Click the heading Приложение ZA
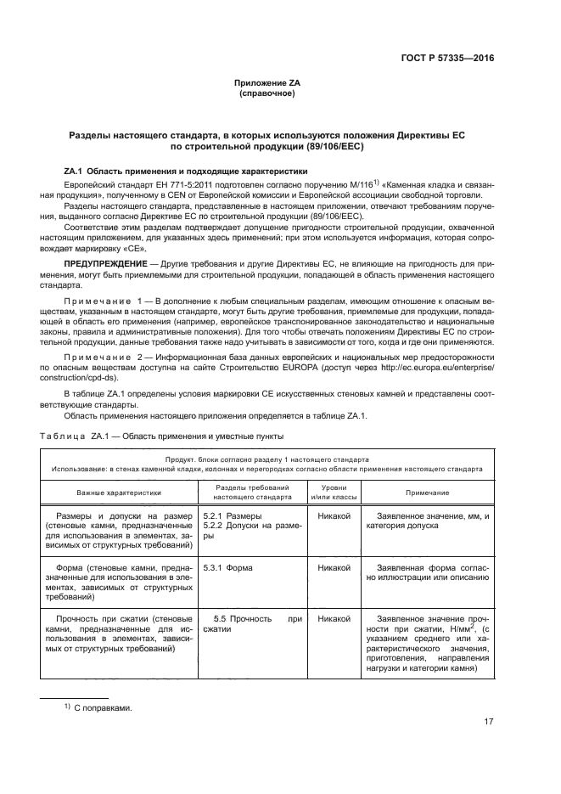(x=267, y=83)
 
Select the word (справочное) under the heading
(x=267, y=93)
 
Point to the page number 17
(x=489, y=722)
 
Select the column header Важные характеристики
(x=119, y=493)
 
